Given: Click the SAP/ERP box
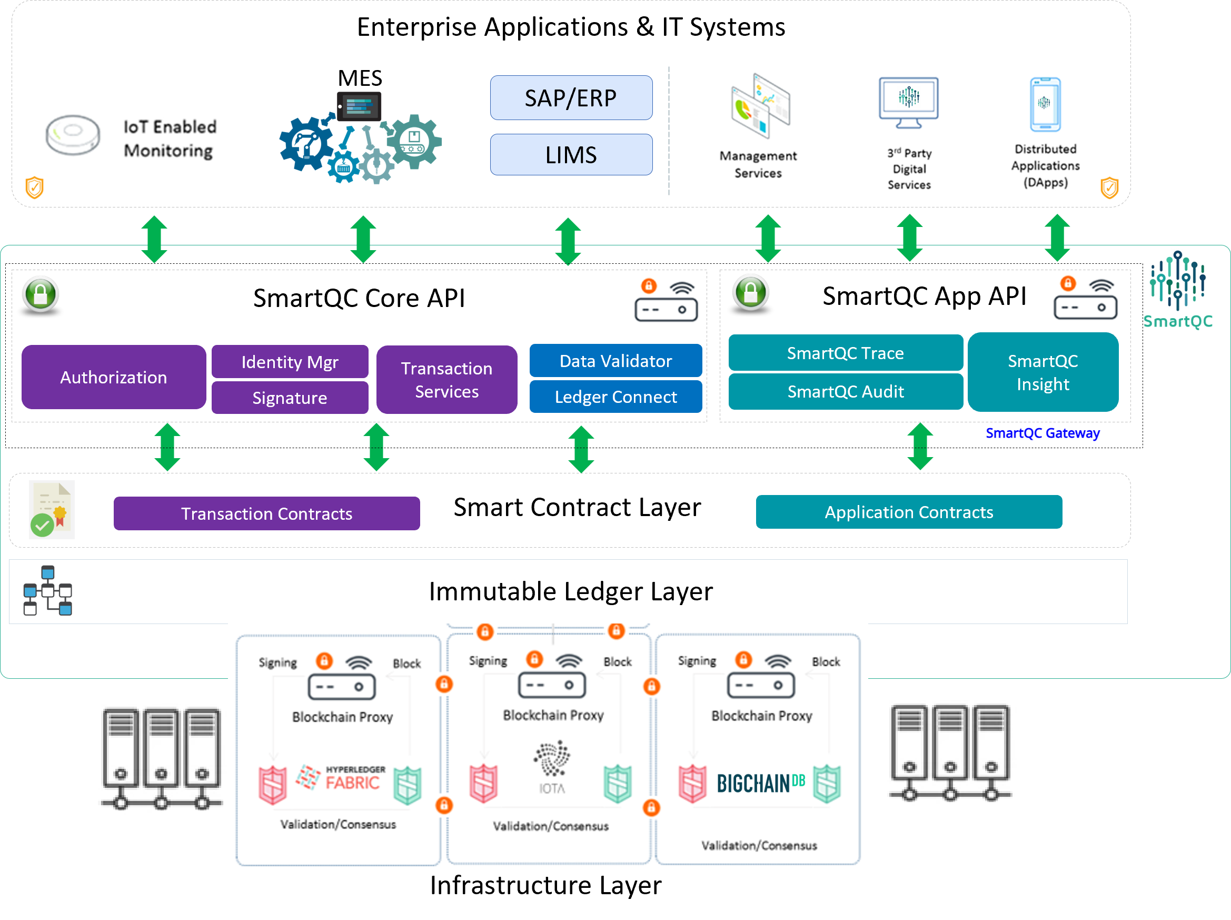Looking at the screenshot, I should point(571,98).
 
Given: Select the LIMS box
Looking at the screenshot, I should point(571,155).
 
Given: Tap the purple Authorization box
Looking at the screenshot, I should point(114,378).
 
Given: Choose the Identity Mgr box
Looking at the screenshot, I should point(290,362).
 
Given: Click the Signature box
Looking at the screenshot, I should point(290,398).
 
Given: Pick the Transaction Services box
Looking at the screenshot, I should point(446,380).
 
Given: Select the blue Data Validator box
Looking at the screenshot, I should point(615,361).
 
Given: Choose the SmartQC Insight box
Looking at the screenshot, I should point(1043,372).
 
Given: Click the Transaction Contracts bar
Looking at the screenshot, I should point(266,513).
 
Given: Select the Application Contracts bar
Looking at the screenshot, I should point(908,512).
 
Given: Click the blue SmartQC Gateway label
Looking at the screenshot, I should point(1043,433).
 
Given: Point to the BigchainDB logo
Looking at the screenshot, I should point(760,783).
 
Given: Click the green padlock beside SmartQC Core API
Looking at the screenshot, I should point(41,294).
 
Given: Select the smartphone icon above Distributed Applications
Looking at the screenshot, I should point(1045,105).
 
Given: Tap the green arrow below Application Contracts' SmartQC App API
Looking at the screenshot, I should point(920,447).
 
